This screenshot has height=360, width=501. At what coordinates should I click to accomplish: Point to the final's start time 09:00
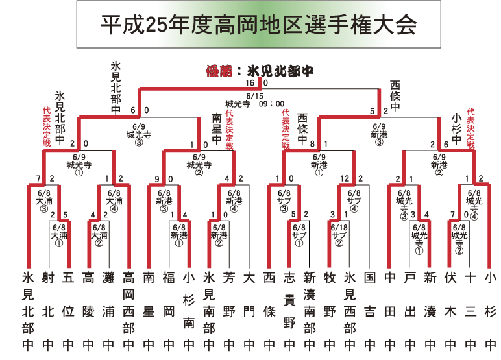(271, 103)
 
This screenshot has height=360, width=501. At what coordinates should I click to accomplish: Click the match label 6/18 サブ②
(339, 235)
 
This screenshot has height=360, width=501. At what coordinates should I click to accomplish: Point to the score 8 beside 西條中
(312, 144)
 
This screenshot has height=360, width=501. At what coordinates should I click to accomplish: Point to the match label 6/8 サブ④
(354, 200)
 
